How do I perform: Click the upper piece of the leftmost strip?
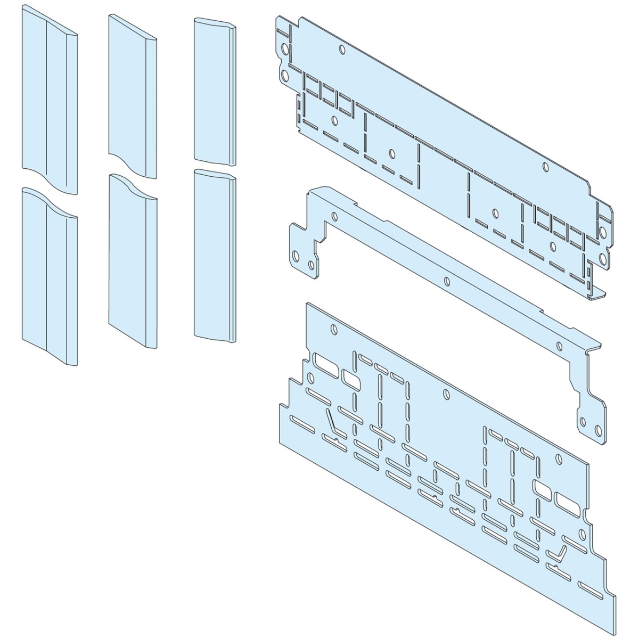point(49,101)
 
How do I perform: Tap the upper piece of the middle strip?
point(132,93)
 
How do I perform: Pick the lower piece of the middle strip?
point(132,261)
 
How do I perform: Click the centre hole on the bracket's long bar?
point(447,281)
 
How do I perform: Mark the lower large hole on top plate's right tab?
point(602,259)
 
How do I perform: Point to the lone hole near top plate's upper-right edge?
point(544,167)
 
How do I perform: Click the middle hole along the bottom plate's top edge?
point(446,394)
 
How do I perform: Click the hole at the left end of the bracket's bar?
point(334,217)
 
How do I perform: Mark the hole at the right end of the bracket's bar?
point(559,347)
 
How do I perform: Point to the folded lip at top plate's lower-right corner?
point(599,292)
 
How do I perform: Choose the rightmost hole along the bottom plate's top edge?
point(558,459)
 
